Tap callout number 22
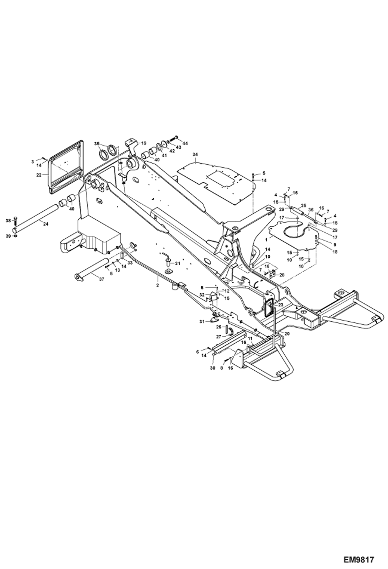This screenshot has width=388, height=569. point(39,175)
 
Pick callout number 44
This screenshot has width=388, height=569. point(185,143)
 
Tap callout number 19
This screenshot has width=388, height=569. point(144,143)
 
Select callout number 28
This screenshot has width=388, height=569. point(282,275)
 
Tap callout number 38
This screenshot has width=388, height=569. point(8,221)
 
